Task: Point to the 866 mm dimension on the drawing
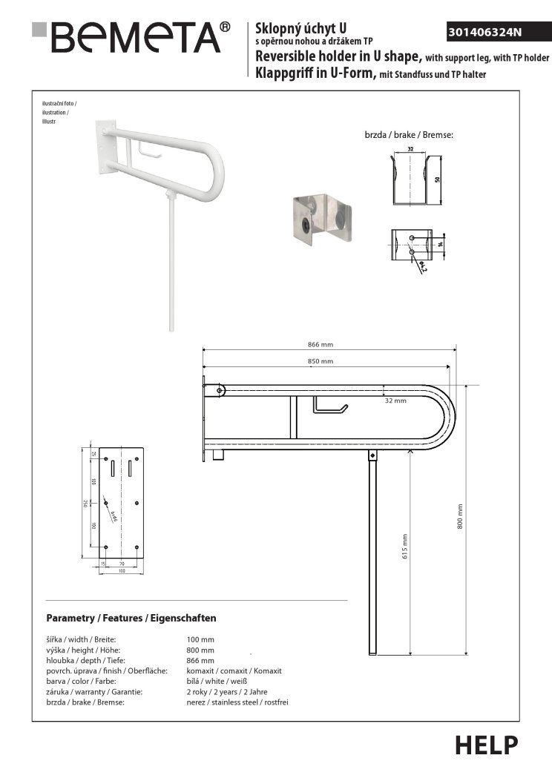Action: coord(321,344)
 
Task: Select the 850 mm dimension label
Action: coord(321,361)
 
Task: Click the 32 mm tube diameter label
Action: coord(395,401)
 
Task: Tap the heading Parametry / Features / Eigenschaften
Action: coord(131,618)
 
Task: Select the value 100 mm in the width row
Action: coord(200,639)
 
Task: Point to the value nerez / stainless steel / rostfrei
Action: coord(237,702)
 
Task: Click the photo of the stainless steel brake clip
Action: coord(321,220)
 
